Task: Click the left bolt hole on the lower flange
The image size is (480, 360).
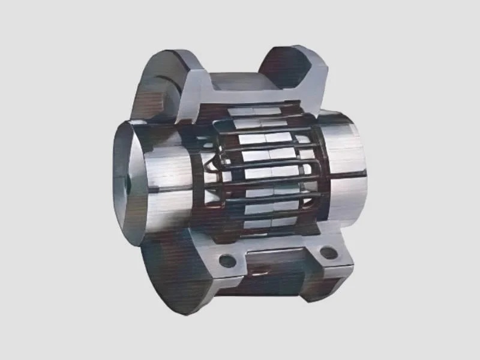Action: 227,262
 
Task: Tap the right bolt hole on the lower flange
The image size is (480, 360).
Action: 328,253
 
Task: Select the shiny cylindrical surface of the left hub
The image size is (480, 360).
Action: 165,174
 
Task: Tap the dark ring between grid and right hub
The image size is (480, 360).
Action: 321,174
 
